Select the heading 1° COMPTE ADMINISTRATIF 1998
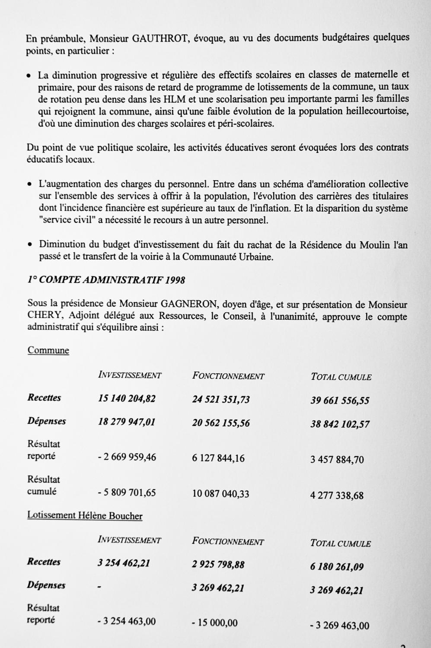pos(106,280)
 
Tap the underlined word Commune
pos(48,350)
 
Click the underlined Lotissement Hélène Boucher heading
pos(85,515)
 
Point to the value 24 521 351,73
pos(220,400)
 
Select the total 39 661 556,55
pos(340,400)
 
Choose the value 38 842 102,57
pos(340,424)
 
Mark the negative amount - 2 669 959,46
pos(126,457)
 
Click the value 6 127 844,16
pos(218,458)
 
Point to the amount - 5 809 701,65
pos(126,492)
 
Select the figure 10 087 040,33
pos(220,494)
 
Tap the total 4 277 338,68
pos(337,495)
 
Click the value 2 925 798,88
pos(218,564)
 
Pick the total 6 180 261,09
pos(337,566)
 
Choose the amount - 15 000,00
pos(214,623)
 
